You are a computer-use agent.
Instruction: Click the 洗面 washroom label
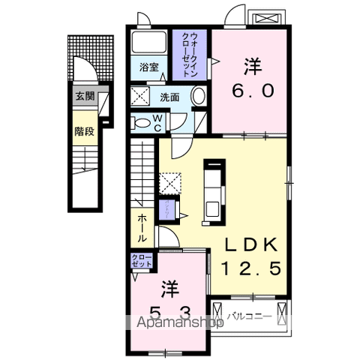coord(169,96)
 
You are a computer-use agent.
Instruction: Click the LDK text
coord(250,244)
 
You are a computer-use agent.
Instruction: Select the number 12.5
coord(252,268)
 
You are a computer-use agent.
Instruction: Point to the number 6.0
coord(252,91)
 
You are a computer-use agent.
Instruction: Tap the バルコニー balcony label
coord(249,316)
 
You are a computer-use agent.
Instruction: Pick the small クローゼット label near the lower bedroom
coord(142,261)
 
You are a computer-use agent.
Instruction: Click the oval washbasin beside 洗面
coord(198,97)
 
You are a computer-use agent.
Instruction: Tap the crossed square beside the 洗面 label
coord(140,96)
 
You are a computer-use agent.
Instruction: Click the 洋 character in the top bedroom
coord(252,66)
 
